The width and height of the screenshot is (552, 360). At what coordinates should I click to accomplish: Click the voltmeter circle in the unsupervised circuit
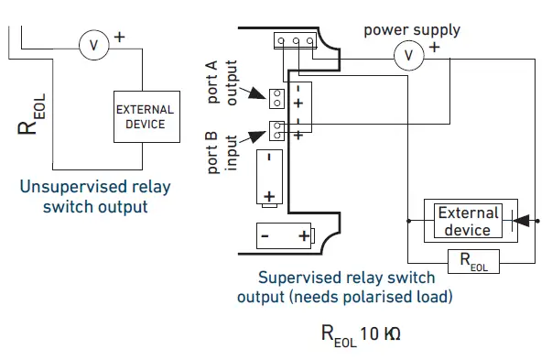pos(93,42)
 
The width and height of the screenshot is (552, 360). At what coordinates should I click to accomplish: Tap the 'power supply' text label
pos(412,29)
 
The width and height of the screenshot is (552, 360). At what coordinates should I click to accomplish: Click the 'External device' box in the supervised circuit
pos(468,220)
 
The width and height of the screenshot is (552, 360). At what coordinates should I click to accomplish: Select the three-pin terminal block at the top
pos(296,40)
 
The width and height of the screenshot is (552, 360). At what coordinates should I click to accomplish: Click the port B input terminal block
pos(276,127)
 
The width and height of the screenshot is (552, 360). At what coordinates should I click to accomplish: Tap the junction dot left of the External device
pos(406,221)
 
